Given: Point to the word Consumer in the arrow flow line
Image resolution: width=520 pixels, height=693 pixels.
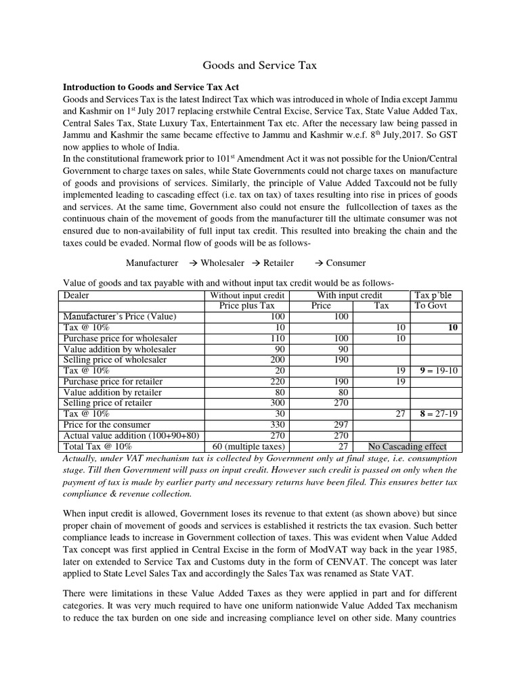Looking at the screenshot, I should point(345,263).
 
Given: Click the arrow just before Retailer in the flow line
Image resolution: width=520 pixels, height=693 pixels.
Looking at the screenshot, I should point(257,263).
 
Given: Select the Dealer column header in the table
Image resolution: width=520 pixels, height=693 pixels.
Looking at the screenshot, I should point(76,295).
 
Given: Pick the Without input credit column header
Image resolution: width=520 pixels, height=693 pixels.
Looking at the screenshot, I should point(248,295).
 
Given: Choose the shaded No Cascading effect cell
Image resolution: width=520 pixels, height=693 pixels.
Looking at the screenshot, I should point(407,447).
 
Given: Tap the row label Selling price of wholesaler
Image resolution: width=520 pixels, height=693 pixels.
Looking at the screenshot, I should point(110,360).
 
